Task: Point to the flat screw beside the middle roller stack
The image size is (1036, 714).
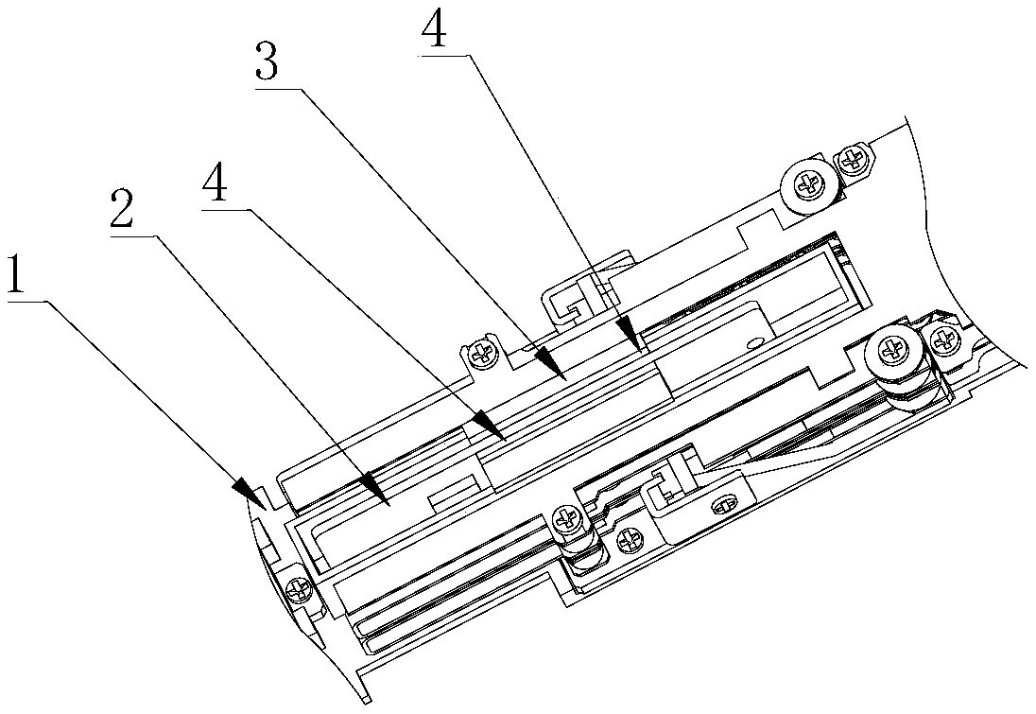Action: [x=627, y=542]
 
